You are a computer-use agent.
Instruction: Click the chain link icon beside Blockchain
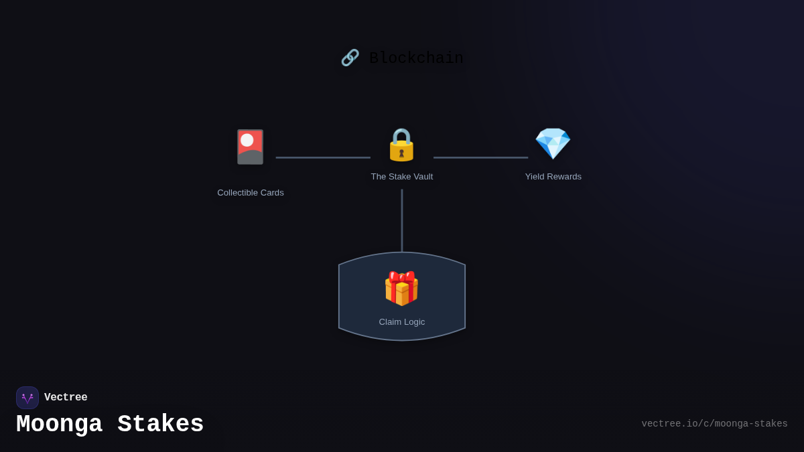click(x=350, y=58)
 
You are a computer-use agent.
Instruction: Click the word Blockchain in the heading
click(x=416, y=58)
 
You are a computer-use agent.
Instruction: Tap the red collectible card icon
click(x=251, y=147)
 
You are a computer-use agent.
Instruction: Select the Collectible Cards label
click(x=251, y=193)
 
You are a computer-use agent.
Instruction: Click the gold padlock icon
click(x=401, y=145)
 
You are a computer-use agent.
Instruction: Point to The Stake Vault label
click(x=402, y=177)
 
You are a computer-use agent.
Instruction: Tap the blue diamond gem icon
click(x=553, y=143)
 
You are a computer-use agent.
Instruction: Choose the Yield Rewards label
click(x=553, y=177)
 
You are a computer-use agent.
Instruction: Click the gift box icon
click(x=401, y=289)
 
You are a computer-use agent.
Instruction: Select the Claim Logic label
click(x=402, y=322)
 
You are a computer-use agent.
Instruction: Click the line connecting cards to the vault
click(x=323, y=157)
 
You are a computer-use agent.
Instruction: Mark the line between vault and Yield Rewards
click(x=480, y=157)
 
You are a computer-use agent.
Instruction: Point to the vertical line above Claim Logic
click(x=402, y=220)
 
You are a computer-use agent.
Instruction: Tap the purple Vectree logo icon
click(x=27, y=398)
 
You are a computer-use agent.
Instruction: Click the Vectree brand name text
click(x=66, y=398)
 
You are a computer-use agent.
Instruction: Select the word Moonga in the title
click(x=59, y=425)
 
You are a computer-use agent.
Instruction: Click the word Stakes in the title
click(x=161, y=425)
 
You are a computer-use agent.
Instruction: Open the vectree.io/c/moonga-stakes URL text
click(x=714, y=424)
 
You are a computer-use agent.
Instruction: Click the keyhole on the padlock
click(x=401, y=153)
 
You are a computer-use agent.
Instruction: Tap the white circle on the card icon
click(x=247, y=140)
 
